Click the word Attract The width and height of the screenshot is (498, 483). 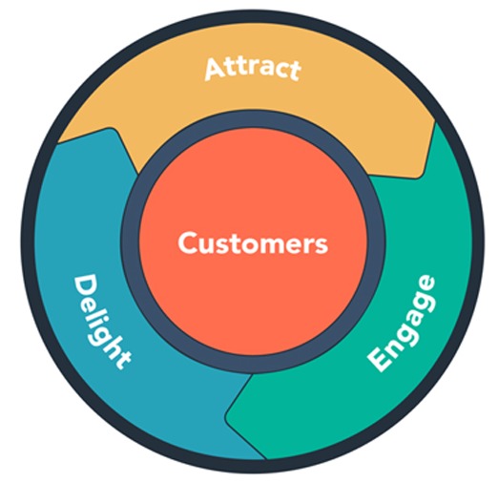click(253, 69)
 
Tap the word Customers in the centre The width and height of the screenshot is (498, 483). click(253, 242)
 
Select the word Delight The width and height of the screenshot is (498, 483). click(101, 322)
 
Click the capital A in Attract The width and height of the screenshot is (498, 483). click(216, 70)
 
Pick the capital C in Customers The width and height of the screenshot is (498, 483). click(188, 242)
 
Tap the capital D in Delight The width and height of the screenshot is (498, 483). click(85, 285)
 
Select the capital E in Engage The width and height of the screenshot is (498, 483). click(380, 360)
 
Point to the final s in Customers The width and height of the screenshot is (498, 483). click(322, 245)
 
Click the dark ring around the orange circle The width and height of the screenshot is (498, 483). click(131, 241)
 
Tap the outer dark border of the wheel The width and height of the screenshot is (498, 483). click(29, 241)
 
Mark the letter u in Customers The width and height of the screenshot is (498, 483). click(208, 245)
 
